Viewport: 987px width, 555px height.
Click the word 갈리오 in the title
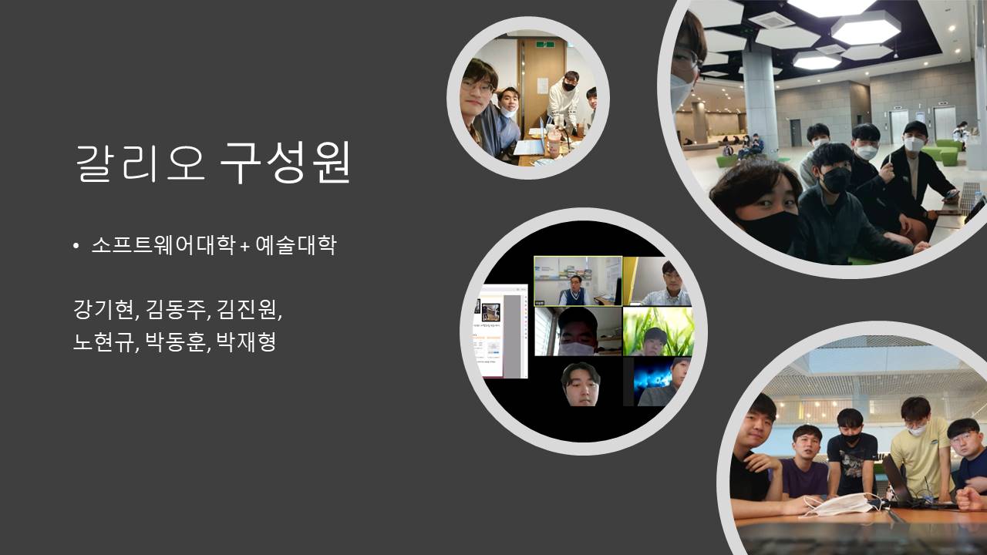140,162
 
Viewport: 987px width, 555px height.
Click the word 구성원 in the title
285,162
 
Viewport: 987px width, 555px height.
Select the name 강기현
103,309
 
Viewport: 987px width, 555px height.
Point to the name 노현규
103,341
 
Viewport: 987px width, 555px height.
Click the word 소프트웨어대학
163,245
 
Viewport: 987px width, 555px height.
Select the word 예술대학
296,245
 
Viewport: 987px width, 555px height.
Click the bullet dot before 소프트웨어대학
76,246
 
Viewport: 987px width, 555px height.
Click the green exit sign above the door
544,44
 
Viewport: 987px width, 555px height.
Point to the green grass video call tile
657,331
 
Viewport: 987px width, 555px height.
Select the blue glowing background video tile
659,382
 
